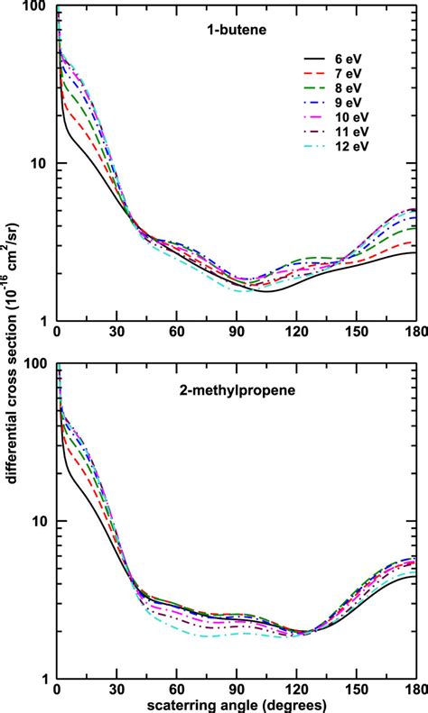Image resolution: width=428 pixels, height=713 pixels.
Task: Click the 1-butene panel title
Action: click(x=237, y=27)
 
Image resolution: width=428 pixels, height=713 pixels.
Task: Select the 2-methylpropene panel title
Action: click(x=237, y=389)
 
